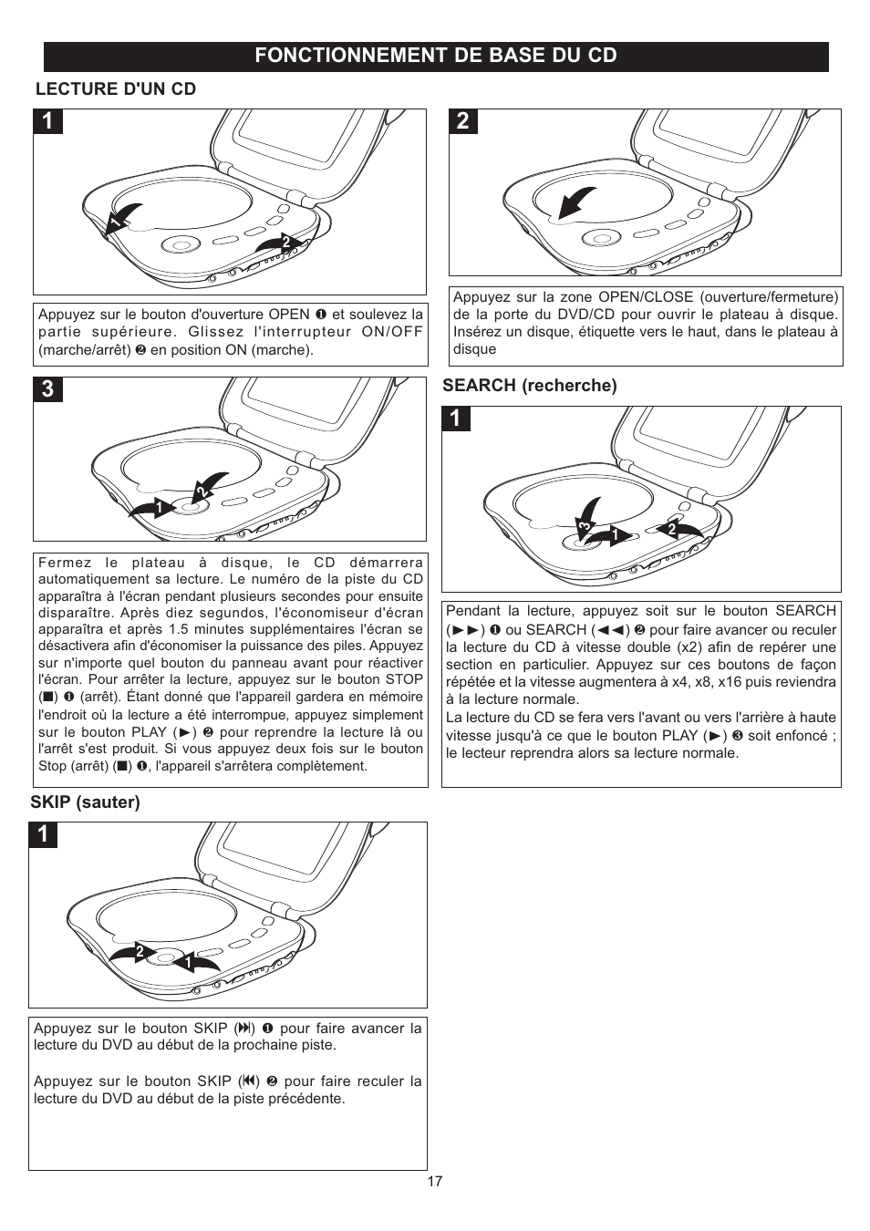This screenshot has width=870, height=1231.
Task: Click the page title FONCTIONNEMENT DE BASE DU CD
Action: click(435, 56)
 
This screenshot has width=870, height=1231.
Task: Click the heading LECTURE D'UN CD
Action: click(115, 88)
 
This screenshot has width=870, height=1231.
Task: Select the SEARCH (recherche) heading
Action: click(529, 385)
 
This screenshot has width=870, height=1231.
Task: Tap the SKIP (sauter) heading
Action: click(85, 802)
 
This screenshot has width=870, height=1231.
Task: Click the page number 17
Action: click(435, 1181)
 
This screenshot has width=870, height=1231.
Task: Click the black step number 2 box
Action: click(463, 121)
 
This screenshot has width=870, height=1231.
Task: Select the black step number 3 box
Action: click(47, 389)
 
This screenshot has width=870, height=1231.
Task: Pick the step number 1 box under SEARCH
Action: click(456, 419)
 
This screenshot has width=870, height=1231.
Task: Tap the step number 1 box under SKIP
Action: click(43, 835)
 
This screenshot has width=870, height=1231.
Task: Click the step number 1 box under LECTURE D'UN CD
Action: click(47, 121)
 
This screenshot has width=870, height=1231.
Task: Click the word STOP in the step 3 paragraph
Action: click(403, 679)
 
